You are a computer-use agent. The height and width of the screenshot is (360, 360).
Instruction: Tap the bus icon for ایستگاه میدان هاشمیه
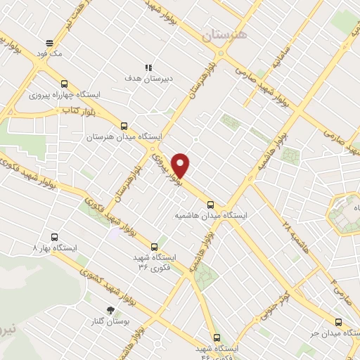pyautogui.click(x=210, y=205)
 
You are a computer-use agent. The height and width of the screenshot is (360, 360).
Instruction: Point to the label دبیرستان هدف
pyautogui.click(x=148, y=79)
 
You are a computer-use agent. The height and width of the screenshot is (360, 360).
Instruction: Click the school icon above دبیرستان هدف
pyautogui.click(x=148, y=67)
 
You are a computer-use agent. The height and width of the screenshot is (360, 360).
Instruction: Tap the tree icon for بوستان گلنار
pyautogui.click(x=110, y=309)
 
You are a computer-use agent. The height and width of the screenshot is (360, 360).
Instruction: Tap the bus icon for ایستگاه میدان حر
pyautogui.click(x=338, y=321)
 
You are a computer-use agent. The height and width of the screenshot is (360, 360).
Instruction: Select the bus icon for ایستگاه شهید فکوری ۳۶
pyautogui.click(x=155, y=246)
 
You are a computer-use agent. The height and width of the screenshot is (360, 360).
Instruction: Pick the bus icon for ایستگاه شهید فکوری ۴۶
pyautogui.click(x=216, y=337)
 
